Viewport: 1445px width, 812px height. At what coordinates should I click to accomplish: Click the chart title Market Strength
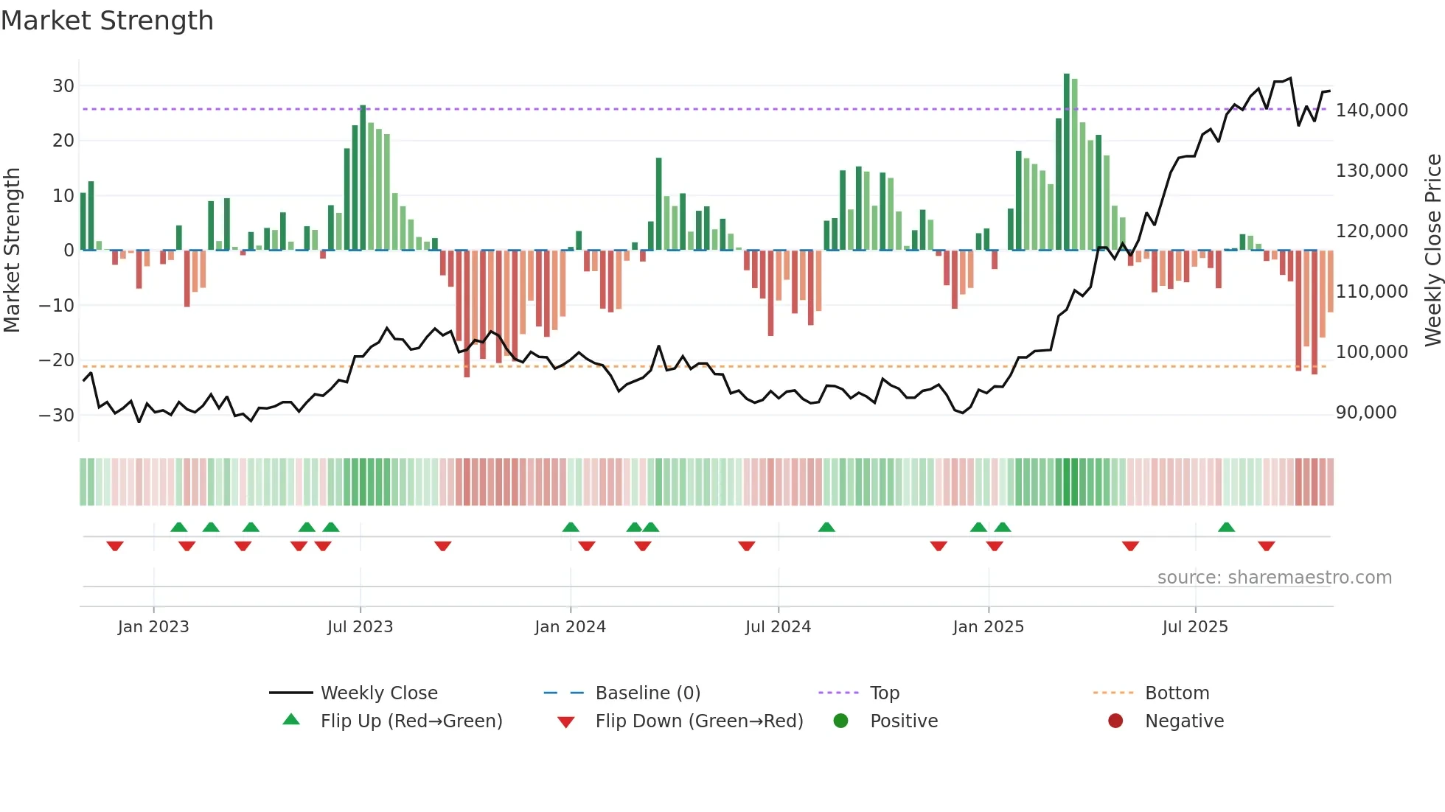click(107, 21)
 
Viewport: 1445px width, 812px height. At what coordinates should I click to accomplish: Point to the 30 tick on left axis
click(63, 85)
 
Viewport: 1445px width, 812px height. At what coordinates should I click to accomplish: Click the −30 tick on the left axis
click(57, 415)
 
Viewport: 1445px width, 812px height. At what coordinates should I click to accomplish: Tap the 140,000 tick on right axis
click(1371, 111)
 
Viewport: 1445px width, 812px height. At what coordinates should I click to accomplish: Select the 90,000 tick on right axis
click(1366, 413)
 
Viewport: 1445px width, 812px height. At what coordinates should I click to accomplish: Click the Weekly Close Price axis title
click(1432, 250)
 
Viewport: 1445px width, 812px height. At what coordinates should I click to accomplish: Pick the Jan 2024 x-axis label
click(570, 627)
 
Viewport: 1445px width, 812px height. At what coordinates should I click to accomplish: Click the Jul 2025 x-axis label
click(1195, 627)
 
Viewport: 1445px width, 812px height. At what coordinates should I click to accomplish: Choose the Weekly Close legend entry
click(379, 693)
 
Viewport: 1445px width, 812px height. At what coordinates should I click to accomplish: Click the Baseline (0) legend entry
click(647, 693)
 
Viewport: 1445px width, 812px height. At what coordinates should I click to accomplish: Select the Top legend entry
click(884, 693)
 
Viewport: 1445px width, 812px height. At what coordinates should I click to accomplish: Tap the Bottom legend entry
click(1177, 693)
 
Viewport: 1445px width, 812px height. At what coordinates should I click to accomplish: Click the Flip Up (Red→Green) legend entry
click(411, 721)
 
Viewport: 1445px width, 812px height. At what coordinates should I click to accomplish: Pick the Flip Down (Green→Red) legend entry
click(699, 721)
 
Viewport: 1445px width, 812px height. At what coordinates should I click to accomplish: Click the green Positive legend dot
click(840, 721)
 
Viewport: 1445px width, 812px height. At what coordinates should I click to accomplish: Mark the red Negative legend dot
click(1115, 721)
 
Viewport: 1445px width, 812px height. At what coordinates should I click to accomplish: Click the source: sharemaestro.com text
click(1274, 578)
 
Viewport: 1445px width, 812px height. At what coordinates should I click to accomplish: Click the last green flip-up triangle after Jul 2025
click(1226, 528)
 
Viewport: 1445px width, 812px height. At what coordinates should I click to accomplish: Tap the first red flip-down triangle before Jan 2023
click(115, 546)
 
